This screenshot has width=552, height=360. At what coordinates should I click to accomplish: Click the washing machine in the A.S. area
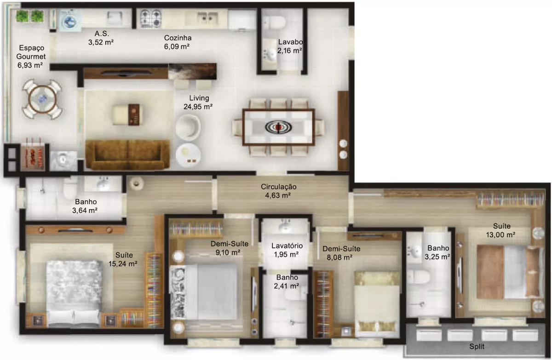pos(70,21)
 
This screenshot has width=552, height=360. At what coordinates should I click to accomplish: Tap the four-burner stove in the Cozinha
pos(151,18)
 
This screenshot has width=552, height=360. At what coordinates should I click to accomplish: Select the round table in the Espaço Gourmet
pos(42,99)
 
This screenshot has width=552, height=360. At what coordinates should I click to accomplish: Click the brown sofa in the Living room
pos(127,155)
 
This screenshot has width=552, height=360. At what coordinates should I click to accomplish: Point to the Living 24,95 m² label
pos(198,102)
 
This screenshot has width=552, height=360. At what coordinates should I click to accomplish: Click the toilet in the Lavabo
pos(274,23)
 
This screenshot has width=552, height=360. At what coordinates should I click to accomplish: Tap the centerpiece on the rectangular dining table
pos(278,127)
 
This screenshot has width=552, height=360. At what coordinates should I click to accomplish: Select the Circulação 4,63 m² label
pos(278,191)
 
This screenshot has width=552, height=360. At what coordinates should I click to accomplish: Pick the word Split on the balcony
pos(477,347)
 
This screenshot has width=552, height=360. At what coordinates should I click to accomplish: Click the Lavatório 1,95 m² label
pos(287,250)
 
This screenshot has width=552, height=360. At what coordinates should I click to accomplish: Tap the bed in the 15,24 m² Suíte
pos(74,293)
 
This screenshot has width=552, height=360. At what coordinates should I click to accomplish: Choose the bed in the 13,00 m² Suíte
pos(510,272)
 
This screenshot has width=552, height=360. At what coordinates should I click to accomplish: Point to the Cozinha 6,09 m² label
pos(178,42)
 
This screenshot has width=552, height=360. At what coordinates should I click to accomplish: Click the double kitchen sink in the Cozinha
pos(207,18)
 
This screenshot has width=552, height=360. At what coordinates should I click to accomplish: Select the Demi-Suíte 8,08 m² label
pos(341,253)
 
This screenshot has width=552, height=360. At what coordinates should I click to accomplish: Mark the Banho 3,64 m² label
pos(85,206)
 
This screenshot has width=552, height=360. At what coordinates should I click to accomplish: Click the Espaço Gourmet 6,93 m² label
pos(30,57)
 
